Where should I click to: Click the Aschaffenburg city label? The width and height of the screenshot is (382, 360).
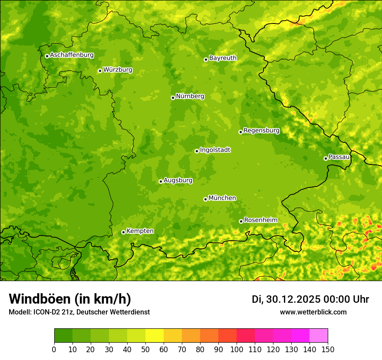tap(72, 55)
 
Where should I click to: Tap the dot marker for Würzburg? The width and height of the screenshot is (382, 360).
tap(100, 71)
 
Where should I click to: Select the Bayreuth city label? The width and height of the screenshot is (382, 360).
tap(223, 58)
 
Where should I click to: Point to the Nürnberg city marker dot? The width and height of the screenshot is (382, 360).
tap(173, 98)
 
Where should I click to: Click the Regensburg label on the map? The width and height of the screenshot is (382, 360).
tap(261, 131)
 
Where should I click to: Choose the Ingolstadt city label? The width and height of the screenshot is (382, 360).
tap(215, 150)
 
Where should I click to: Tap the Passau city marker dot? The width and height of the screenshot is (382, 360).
tap(326, 158)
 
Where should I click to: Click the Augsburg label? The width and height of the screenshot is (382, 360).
tap(178, 180)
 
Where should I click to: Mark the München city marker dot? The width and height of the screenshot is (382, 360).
tap(205, 199)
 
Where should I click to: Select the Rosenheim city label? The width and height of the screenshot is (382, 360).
tap(260, 220)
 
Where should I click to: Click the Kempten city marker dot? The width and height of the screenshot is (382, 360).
tap(123, 232)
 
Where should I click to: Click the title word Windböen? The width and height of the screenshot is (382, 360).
tap(40, 299)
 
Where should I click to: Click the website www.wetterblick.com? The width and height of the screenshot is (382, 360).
tap(313, 312)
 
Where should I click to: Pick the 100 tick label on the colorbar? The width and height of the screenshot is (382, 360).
tap(236, 349)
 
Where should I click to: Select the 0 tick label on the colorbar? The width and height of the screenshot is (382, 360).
tap(54, 349)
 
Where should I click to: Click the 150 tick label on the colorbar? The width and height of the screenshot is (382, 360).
tap(327, 349)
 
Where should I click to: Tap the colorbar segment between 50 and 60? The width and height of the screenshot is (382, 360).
tap(155, 336)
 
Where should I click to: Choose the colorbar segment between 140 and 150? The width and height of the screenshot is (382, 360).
tap(319, 336)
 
